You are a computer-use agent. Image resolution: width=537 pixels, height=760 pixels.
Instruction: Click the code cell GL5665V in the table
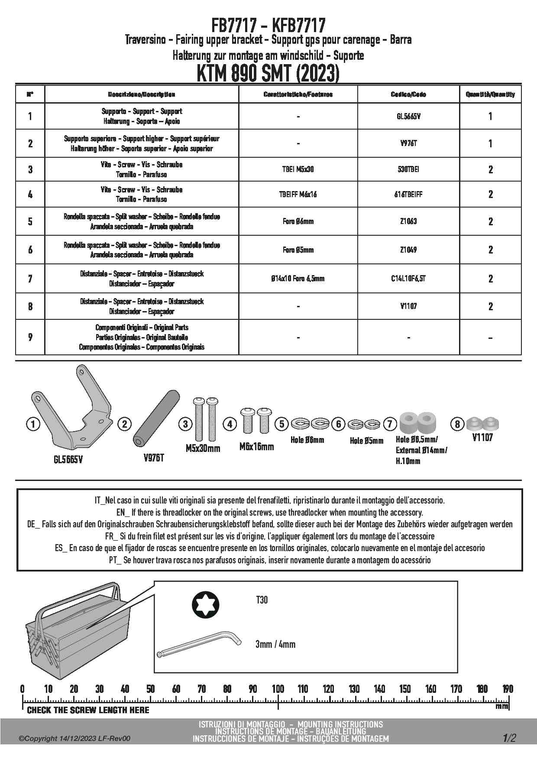click(x=408, y=116)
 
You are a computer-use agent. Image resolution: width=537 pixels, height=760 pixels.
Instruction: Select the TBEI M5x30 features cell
click(x=298, y=169)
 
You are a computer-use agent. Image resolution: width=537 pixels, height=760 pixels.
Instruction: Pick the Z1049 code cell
click(x=408, y=250)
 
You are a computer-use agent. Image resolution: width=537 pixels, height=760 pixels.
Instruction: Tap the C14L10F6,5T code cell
click(x=408, y=279)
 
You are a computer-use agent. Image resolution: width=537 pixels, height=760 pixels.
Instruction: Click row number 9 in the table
click(x=30, y=337)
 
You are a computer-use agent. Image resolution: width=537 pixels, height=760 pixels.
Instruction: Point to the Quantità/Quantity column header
click(x=490, y=94)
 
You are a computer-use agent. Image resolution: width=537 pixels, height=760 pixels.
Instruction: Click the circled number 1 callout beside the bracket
click(x=33, y=424)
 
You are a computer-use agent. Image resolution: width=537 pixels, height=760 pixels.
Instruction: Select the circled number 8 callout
click(x=457, y=424)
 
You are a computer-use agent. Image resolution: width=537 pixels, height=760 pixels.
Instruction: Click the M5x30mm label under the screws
click(x=203, y=448)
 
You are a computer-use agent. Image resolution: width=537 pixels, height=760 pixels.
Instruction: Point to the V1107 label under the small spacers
click(x=482, y=438)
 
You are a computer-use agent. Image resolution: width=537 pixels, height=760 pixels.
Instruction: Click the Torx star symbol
click(x=205, y=604)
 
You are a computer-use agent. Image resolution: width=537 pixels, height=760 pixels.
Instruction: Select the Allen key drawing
click(x=199, y=646)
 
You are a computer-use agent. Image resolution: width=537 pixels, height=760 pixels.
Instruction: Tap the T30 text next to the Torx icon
click(x=262, y=600)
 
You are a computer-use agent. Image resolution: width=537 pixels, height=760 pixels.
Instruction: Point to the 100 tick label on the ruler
click(x=278, y=689)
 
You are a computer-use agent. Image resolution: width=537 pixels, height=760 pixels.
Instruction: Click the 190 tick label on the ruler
click(x=508, y=689)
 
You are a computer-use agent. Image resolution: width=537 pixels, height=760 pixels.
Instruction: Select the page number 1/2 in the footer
click(x=509, y=738)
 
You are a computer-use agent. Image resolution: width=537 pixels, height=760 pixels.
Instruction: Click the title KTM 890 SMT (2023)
click(x=268, y=73)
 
